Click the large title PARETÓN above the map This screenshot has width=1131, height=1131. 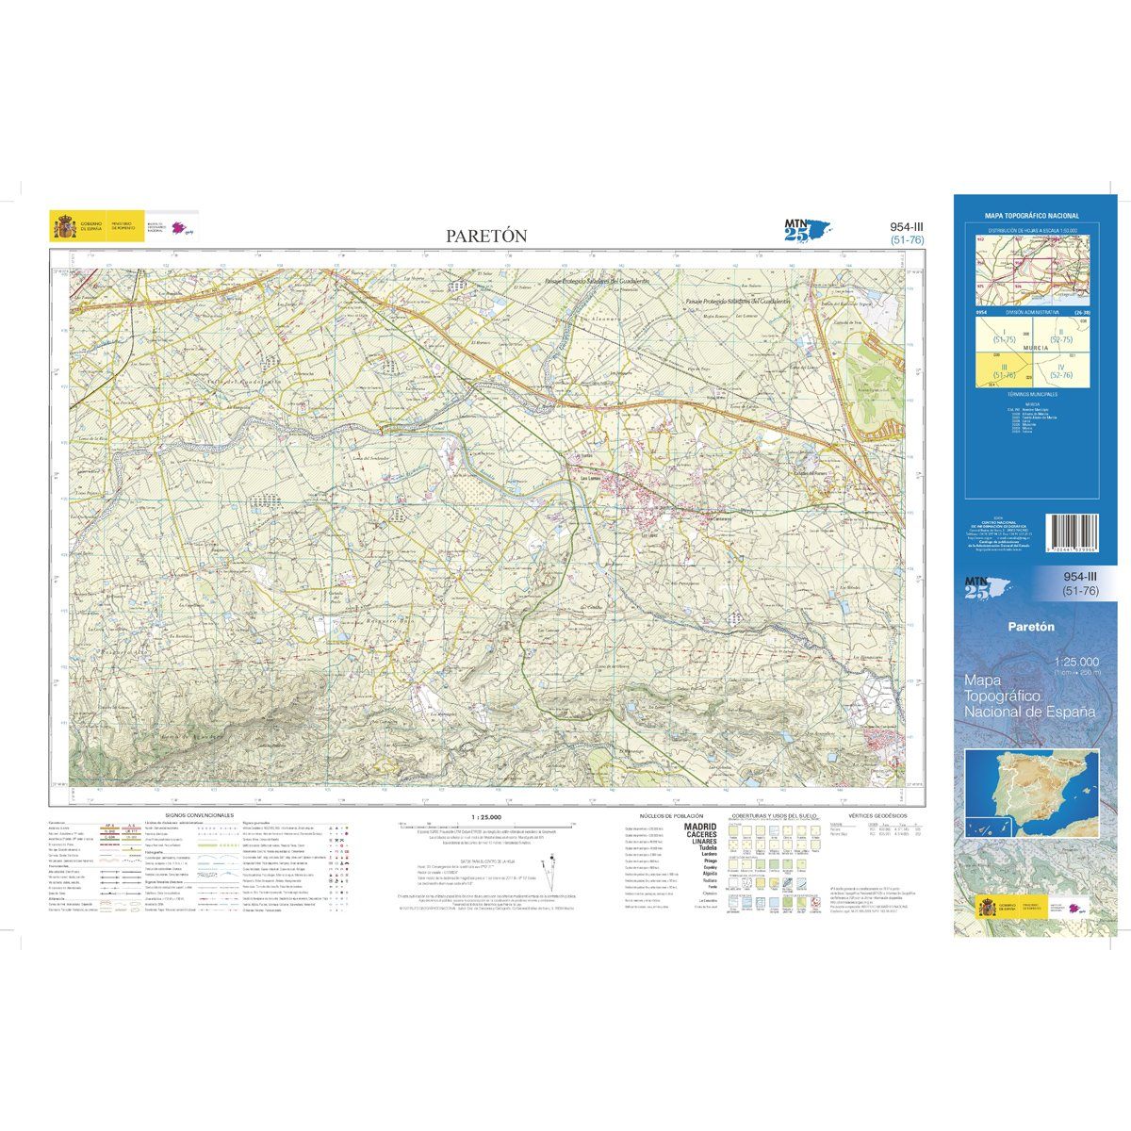coord(486,237)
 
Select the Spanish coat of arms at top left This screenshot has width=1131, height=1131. coord(65,227)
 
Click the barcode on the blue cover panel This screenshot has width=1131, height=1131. coord(1073,533)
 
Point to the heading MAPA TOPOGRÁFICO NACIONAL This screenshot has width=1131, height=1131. coord(1031,216)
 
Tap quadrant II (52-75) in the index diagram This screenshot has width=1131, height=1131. coord(1060,332)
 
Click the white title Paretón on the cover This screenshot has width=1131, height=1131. coord(1030,625)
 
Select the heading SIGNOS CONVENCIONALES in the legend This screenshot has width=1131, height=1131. coord(199,814)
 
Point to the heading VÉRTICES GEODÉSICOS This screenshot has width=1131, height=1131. coord(877,814)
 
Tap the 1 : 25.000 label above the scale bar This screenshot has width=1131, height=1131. coord(485,816)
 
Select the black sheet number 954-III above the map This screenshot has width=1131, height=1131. coord(906,226)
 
